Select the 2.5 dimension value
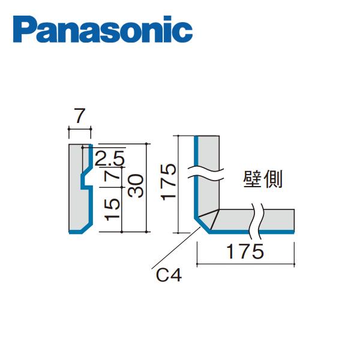coord(109,158)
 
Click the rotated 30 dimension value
coord(137,185)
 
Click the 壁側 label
coord(263,179)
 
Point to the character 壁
coord(253,179)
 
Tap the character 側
coord(273,179)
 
